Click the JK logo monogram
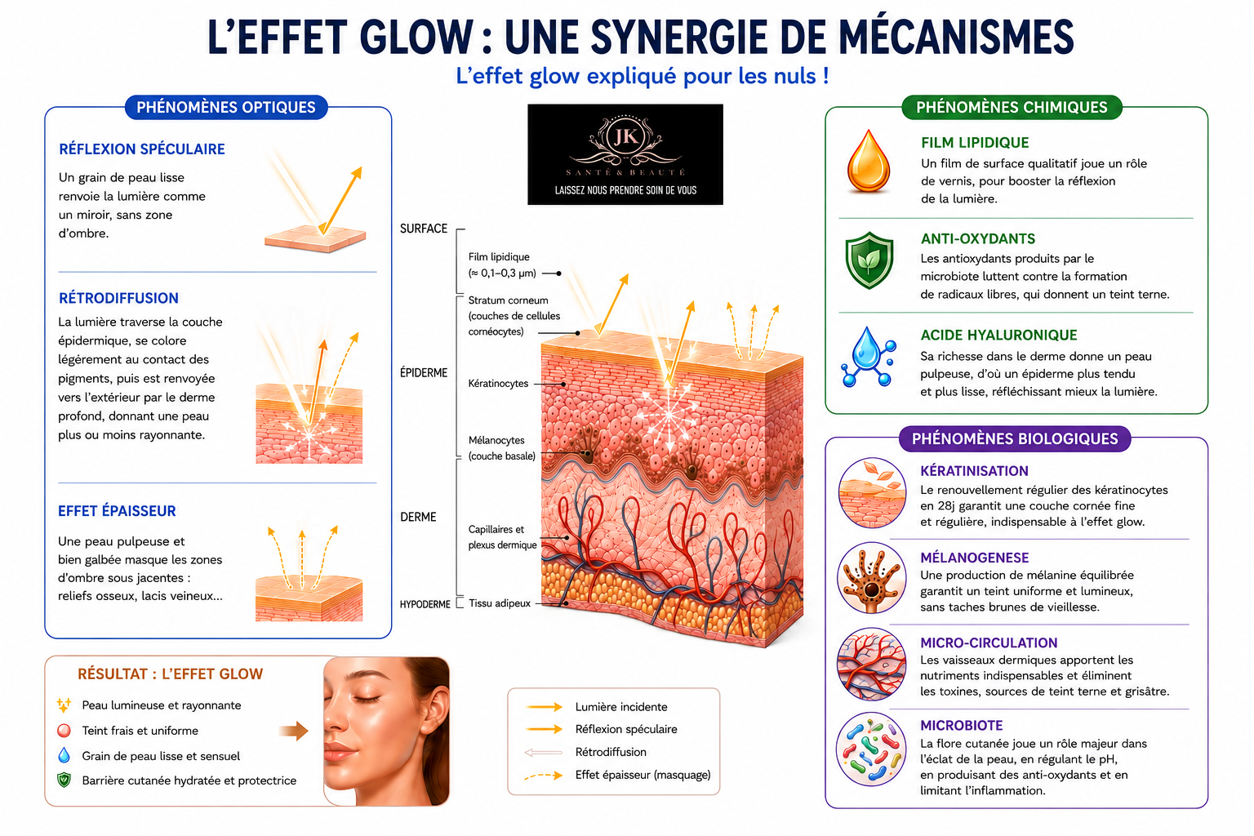[625, 136]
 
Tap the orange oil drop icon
[869, 162]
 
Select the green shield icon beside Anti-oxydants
[869, 260]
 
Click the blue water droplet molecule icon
[869, 358]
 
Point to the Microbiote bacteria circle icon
[871, 749]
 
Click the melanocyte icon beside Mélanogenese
[871, 578]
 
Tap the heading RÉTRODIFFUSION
[118, 298]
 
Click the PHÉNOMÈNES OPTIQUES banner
[226, 107]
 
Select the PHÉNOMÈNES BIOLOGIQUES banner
[1015, 438]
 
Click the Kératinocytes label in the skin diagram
[498, 384]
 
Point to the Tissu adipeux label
[500, 603]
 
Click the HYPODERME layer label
[425, 604]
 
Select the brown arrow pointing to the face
[294, 730]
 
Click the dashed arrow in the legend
[543, 776]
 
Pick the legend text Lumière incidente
[621, 707]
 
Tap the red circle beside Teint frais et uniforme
[64, 730]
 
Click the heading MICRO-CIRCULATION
[989, 643]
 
